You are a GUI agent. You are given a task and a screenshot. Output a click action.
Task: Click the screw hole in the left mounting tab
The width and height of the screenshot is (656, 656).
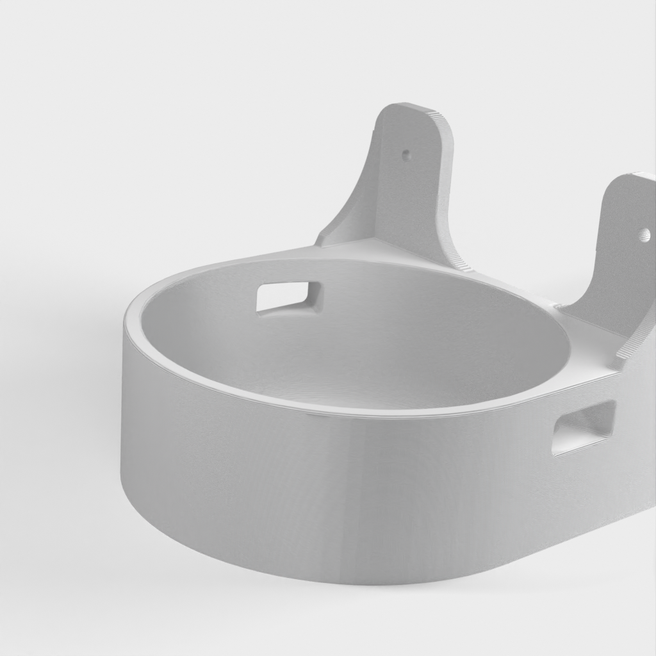406,154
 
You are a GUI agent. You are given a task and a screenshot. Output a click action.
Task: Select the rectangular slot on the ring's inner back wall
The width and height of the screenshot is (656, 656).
289,296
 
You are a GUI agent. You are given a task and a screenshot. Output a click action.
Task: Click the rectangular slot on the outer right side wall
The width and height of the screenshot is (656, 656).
584,427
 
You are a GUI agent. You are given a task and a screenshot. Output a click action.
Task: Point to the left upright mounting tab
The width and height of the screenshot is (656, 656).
404,186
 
